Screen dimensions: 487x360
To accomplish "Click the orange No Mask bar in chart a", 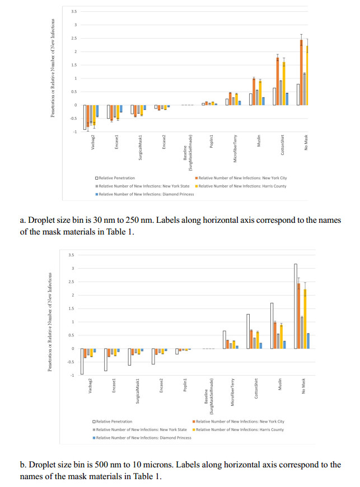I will pyautogui.click(x=301, y=72).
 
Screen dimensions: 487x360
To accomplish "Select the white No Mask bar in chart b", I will pyautogui.click(x=296, y=306).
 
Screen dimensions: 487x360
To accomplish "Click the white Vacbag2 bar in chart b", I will pyautogui.click(x=82, y=361).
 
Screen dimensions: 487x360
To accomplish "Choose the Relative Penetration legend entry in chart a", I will pyautogui.click(x=117, y=178).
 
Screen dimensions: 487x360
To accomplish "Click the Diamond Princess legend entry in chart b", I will pyautogui.click(x=144, y=438).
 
